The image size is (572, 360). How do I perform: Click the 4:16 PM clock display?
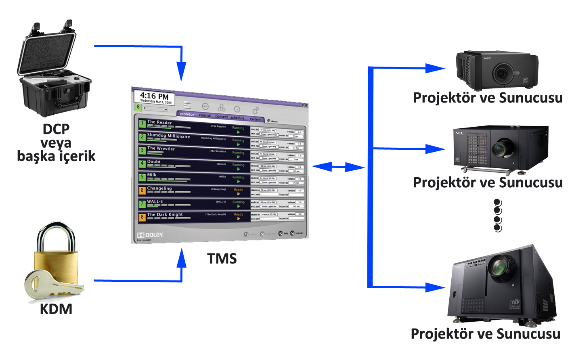tap(154, 97)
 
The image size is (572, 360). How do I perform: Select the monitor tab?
tap(187, 114)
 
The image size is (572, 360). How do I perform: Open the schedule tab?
tap(237, 118)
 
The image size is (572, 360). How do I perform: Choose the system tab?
tap(255, 119)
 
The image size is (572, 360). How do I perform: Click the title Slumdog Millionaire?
tap(168, 136)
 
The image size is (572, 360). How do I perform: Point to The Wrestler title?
tap(161, 149)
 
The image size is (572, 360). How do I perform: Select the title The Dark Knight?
tap(165, 214)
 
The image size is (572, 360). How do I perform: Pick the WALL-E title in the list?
tap(155, 201)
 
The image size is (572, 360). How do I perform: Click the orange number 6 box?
tap(142, 190)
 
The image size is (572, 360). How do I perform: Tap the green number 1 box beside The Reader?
tap(142, 123)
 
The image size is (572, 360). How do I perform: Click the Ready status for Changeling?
tap(239, 190)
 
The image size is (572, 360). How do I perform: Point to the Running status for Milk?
tap(238, 177)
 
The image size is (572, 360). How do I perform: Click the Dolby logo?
tap(150, 235)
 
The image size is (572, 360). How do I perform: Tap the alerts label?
tap(274, 121)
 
